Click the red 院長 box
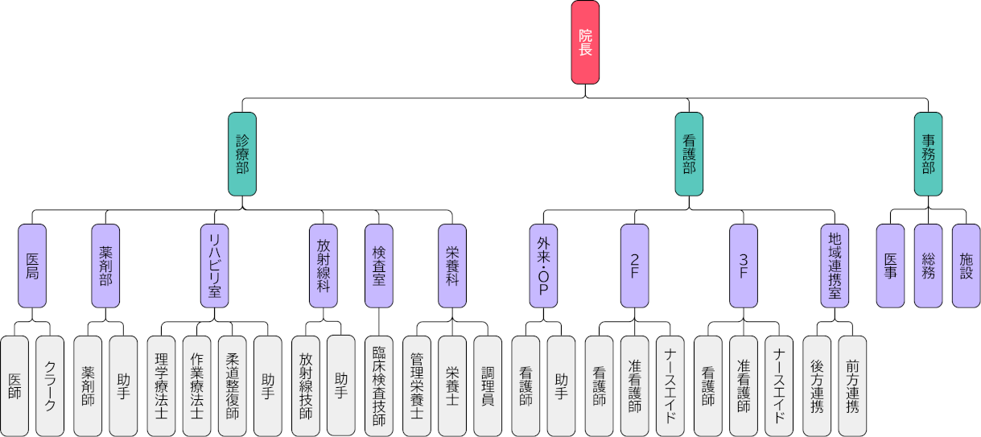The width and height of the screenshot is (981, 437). pyautogui.click(x=585, y=42)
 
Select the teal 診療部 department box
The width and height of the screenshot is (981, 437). pyautogui.click(x=242, y=154)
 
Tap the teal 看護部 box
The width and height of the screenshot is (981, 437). pyautogui.click(x=689, y=154)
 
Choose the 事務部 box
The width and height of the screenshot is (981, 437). pyautogui.click(x=928, y=154)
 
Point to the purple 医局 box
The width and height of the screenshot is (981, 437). pyautogui.click(x=32, y=266)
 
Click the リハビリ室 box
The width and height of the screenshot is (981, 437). pyautogui.click(x=214, y=266)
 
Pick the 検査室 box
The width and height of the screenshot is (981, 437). pyautogui.click(x=378, y=266)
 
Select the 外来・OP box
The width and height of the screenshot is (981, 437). pyautogui.click(x=543, y=266)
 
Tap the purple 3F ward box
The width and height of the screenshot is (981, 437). pyautogui.click(x=743, y=266)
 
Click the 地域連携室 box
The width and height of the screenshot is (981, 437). pyautogui.click(x=835, y=266)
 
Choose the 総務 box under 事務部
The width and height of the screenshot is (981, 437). pyautogui.click(x=928, y=266)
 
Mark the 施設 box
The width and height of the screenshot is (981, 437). pyautogui.click(x=966, y=266)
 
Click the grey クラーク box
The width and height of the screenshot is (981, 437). pyautogui.click(x=50, y=385)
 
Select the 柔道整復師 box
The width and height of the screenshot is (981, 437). pyautogui.click(x=232, y=385)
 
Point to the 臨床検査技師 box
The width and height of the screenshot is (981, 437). pyautogui.click(x=378, y=385)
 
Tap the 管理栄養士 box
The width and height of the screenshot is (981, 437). pyautogui.click(x=416, y=385)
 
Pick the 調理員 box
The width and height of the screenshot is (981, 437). pyautogui.click(x=488, y=385)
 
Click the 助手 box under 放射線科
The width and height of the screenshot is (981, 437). pyautogui.click(x=340, y=385)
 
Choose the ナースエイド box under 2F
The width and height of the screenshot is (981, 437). pyautogui.click(x=670, y=385)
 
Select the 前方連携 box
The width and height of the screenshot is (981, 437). pyautogui.click(x=852, y=385)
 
